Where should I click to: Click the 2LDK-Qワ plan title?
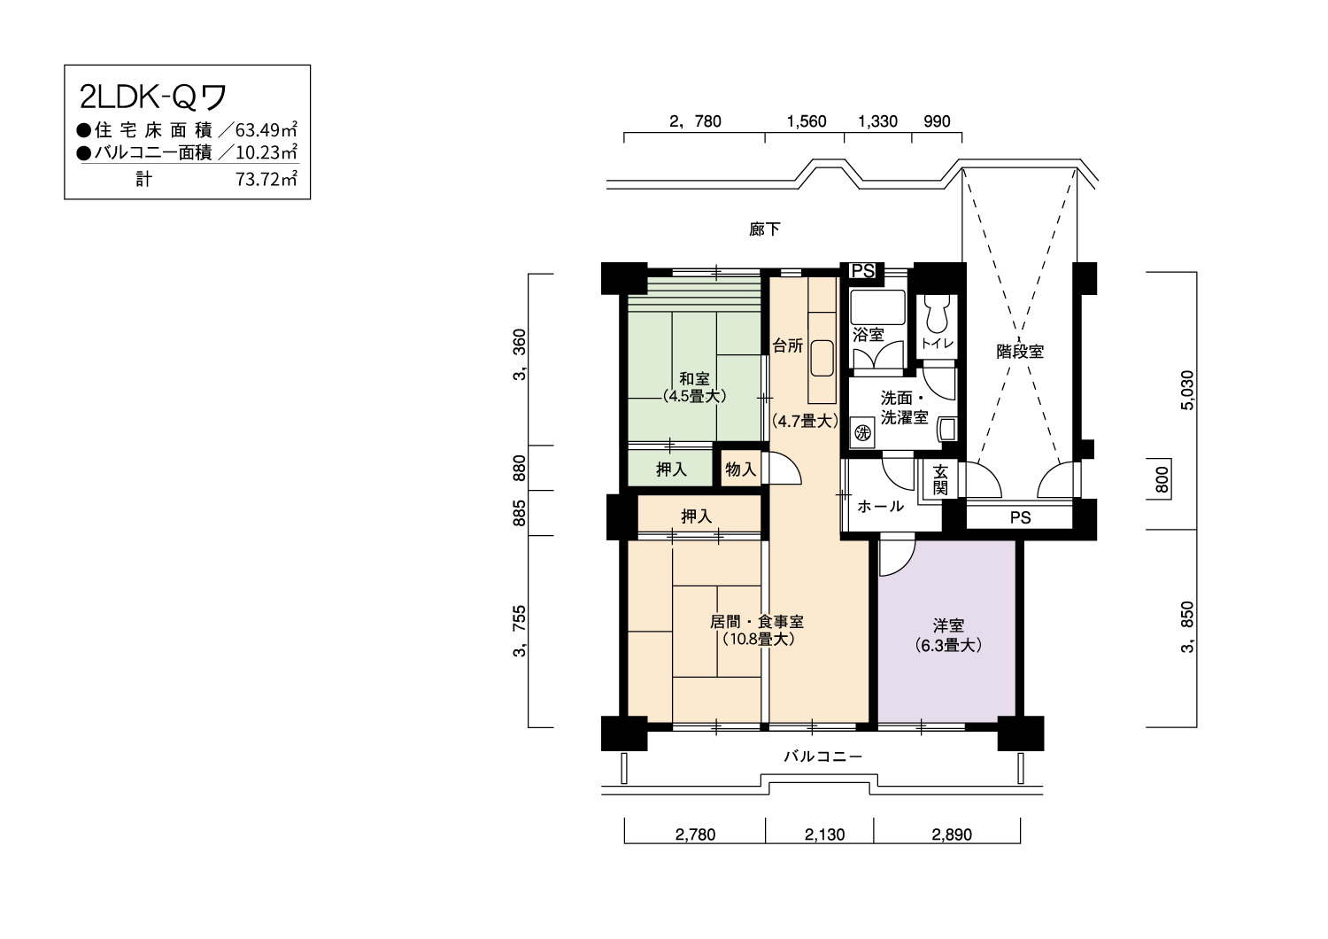153,97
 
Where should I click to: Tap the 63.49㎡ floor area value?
266,129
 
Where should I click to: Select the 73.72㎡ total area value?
266,179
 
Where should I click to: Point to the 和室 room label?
694,378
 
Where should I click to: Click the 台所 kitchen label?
788,345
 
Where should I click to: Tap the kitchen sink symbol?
822,358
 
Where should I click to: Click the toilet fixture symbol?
938,314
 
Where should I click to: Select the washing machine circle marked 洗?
862,432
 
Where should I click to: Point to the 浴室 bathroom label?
869,335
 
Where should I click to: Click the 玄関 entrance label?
940,480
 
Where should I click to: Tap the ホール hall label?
880,506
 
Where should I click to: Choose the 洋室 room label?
948,625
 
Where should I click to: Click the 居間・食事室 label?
757,622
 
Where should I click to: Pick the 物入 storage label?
741,469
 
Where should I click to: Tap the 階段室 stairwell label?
1020,351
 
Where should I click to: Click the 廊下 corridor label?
765,229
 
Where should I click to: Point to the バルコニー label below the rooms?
822,756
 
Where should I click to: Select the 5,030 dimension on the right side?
1187,391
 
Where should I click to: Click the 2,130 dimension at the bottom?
824,834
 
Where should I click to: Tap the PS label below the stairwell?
1020,518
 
